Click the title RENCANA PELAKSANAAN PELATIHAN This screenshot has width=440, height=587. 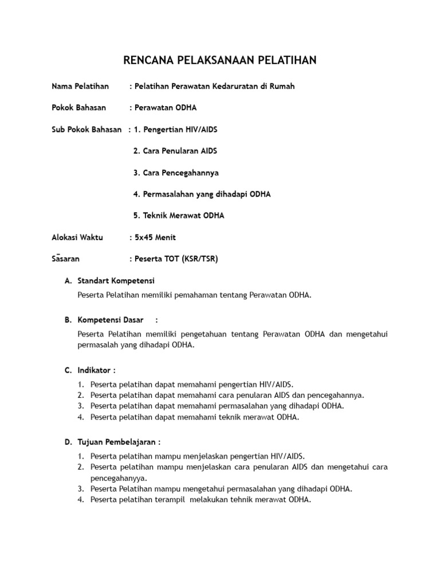click(220, 60)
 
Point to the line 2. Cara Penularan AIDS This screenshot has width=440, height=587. click(175, 151)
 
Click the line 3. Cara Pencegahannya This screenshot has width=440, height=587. click(176, 173)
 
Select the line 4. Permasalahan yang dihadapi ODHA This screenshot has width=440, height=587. click(202, 194)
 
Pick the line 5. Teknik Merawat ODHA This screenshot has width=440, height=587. click(179, 216)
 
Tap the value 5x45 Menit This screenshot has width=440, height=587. click(155, 237)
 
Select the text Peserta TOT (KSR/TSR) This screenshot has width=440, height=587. click(175, 259)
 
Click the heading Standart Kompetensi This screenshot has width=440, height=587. click(116, 281)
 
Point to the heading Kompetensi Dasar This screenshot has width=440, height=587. click(110, 320)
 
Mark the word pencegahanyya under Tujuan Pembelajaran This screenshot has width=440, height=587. click(119, 478)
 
